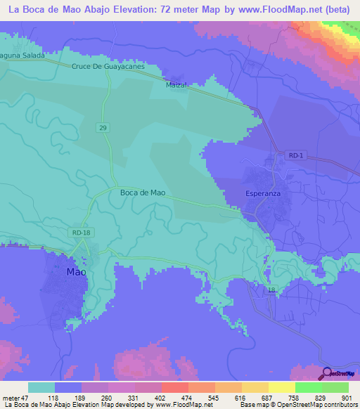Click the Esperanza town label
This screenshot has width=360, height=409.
[264, 191]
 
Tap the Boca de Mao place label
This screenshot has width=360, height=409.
[143, 192]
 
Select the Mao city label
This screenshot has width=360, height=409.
[76, 271]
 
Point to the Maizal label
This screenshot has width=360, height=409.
[175, 85]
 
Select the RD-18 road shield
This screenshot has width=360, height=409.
[82, 233]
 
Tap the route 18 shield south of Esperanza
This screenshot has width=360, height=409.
[271, 290]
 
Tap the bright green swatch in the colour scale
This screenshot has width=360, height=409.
[308, 387]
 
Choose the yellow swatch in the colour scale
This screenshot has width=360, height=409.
[281, 387]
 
